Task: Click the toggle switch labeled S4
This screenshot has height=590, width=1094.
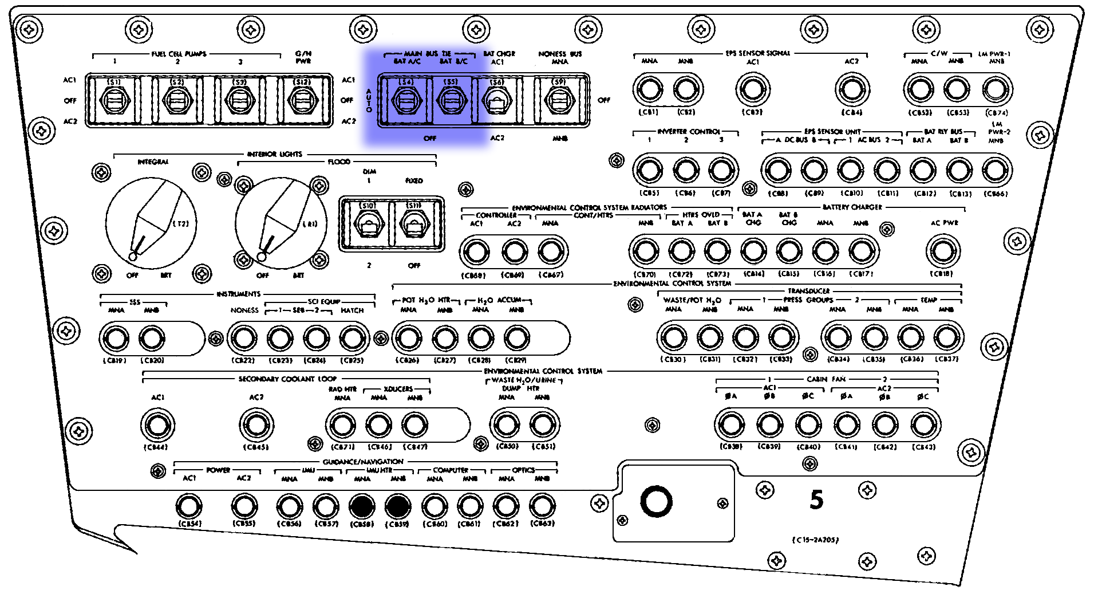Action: (x=406, y=101)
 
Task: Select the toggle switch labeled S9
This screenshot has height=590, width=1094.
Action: (x=559, y=101)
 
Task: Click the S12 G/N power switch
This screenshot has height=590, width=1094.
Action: (x=302, y=101)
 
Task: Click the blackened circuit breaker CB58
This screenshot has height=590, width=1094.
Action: (x=362, y=506)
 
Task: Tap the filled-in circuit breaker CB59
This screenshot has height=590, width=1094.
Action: (x=398, y=506)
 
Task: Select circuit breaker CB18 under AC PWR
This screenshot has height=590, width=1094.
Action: (x=942, y=251)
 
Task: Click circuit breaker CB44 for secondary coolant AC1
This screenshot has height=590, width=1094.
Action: (x=157, y=425)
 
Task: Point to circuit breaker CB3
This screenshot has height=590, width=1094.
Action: (x=752, y=89)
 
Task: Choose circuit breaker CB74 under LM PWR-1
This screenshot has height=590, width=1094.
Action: (x=996, y=89)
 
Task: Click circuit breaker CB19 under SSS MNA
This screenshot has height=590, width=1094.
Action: (x=116, y=339)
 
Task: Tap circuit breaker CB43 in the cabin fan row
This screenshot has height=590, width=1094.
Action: (x=923, y=425)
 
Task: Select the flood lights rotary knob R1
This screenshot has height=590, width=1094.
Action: (x=281, y=223)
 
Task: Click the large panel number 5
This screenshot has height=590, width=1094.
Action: (x=816, y=499)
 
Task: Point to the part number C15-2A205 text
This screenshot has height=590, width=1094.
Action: (x=815, y=540)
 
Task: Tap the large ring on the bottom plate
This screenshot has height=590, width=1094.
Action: (x=656, y=502)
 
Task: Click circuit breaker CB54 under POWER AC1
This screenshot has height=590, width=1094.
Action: (x=189, y=506)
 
